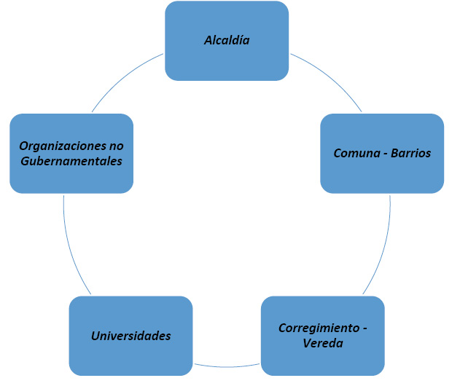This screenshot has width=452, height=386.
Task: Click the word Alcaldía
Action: tap(227, 40)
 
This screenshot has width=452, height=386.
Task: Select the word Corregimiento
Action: tap(316, 328)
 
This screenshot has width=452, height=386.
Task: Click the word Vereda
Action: tap(322, 343)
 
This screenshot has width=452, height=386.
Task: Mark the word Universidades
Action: tap(130, 336)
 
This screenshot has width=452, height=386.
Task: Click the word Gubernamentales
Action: tap(71, 161)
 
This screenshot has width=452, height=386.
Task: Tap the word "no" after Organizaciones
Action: tap(116, 146)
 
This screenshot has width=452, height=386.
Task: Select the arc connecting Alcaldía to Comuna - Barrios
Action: tap(332, 79)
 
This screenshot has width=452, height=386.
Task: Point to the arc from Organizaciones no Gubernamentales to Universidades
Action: tap(71, 248)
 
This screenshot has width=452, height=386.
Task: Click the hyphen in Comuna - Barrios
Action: tap(383, 154)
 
